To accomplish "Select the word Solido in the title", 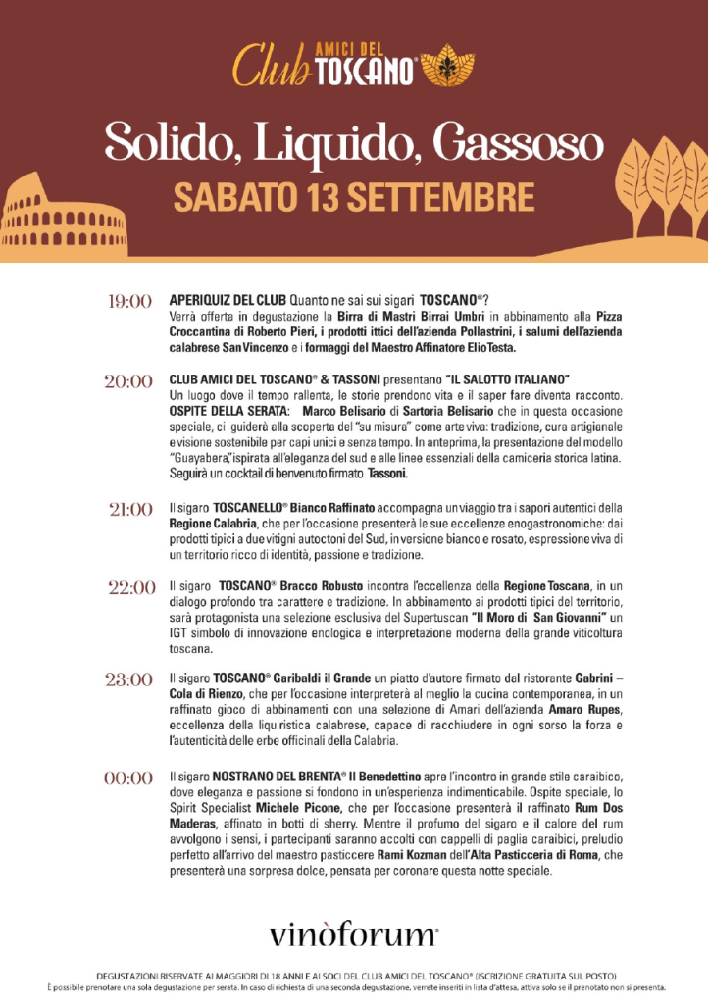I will point(162,144).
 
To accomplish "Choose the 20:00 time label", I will point(128,381).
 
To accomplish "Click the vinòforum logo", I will point(353,932).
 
